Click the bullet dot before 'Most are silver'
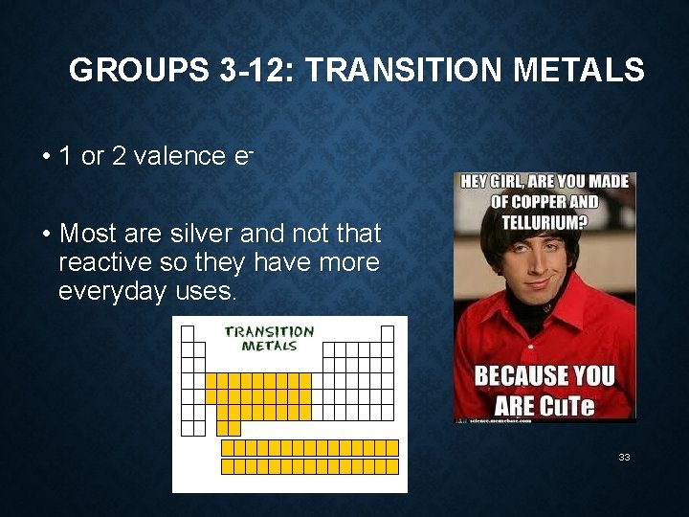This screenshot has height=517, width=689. (x=46, y=234)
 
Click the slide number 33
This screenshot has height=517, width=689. (x=624, y=458)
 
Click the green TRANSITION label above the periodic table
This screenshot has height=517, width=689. (x=269, y=331)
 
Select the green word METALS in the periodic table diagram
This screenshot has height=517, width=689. (x=269, y=346)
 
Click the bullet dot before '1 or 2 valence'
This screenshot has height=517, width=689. (x=46, y=157)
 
